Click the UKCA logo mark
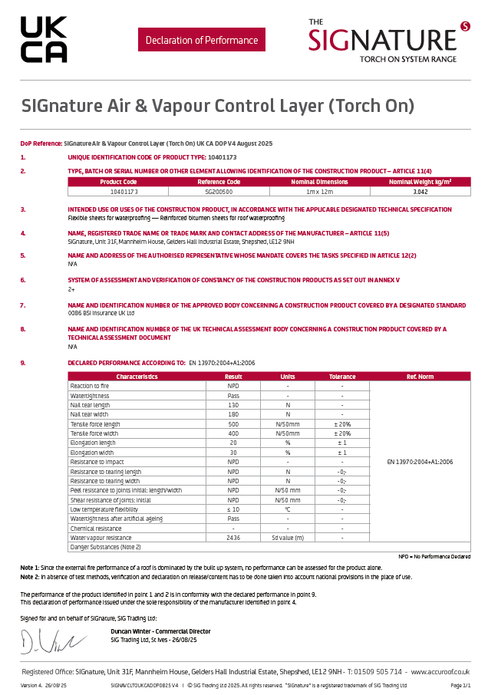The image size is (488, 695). (x=44, y=40)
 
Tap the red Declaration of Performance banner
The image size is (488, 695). (x=202, y=40)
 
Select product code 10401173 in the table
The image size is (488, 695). (x=118, y=191)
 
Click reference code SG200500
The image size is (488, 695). (x=219, y=191)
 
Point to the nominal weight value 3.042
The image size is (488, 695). (x=420, y=191)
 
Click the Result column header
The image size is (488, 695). (x=233, y=377)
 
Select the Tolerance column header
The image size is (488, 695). (x=342, y=377)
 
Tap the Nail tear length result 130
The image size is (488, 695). (x=233, y=404)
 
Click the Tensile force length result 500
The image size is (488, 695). (x=233, y=423)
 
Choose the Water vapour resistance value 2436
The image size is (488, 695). (x=233, y=538)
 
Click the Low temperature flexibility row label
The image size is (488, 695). (x=104, y=509)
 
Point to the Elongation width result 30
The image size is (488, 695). (x=233, y=453)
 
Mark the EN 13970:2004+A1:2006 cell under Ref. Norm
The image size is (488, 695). (x=420, y=462)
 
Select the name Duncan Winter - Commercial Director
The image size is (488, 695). (x=160, y=631)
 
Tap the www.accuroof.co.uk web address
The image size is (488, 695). (x=440, y=670)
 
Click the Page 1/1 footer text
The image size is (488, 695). (x=460, y=684)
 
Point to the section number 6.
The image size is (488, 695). (x=23, y=280)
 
